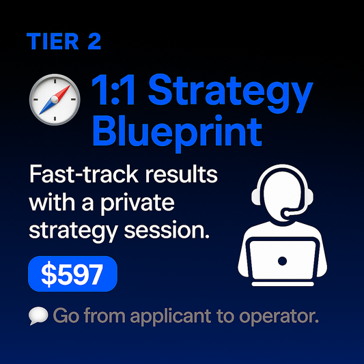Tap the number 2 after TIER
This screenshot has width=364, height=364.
[x=94, y=42]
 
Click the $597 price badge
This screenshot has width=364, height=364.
[x=72, y=275]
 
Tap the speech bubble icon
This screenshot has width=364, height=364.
[x=38, y=317]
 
